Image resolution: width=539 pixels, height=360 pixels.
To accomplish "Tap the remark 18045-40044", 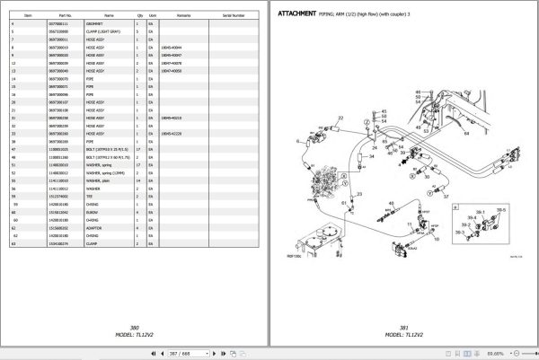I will (x=172, y=47).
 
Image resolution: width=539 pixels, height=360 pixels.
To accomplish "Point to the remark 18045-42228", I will (x=172, y=134).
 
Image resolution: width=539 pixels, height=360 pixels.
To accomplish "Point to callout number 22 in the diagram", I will (x=340, y=119).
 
